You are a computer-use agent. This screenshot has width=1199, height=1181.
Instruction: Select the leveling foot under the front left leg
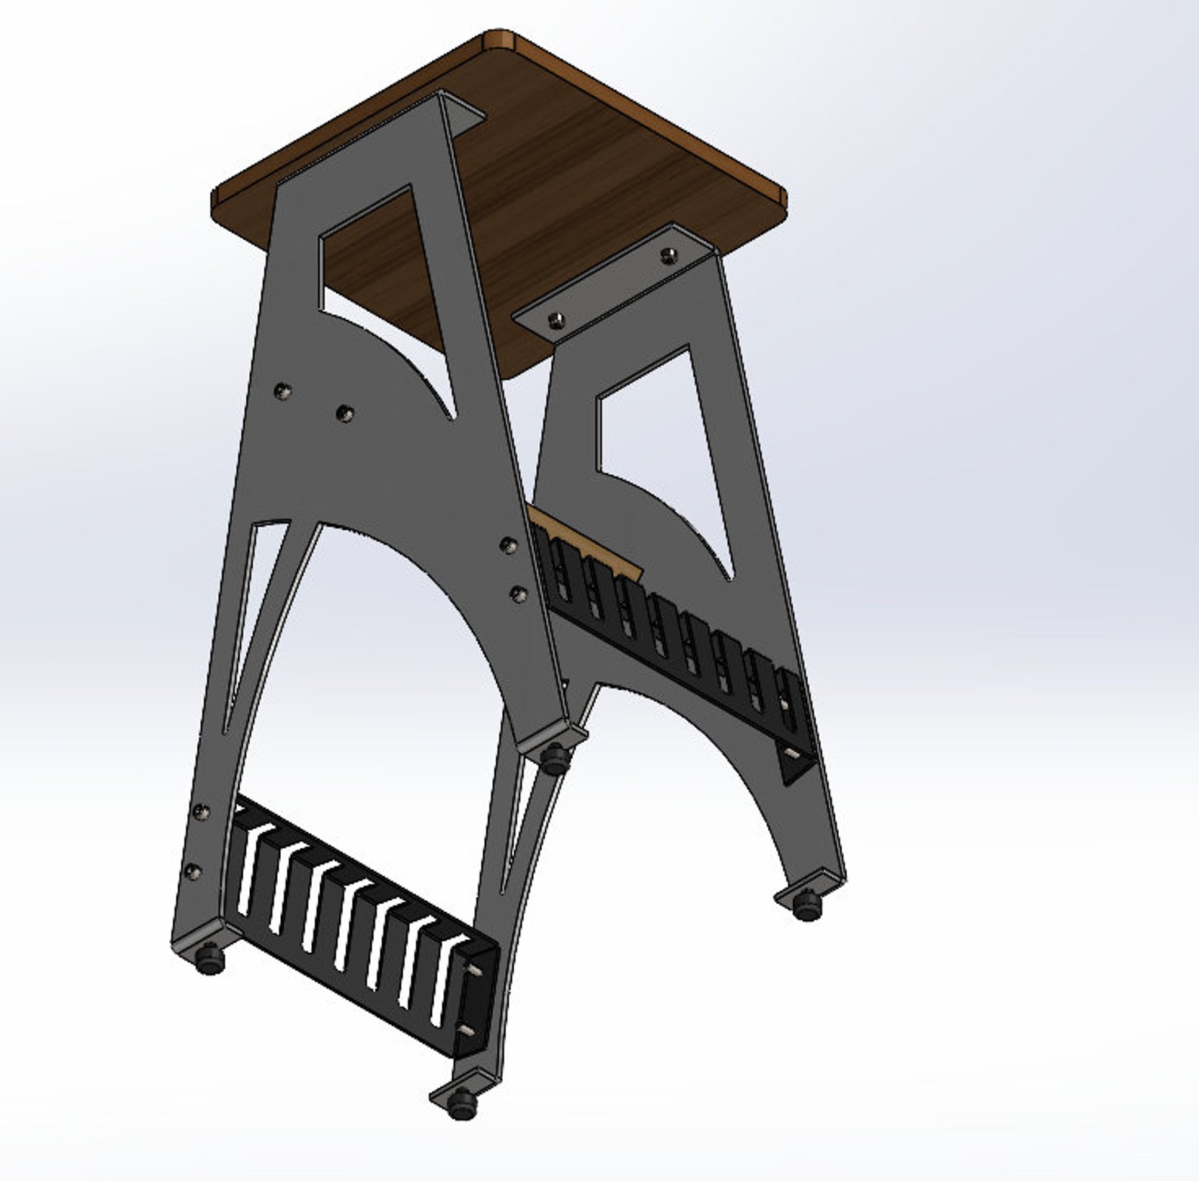tap(210, 961)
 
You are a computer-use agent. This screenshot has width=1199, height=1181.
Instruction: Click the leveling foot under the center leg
tap(555, 757)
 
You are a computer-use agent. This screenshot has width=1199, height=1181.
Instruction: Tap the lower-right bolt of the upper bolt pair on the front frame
tap(344, 412)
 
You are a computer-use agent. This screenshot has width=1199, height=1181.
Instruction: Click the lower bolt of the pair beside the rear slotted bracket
tap(518, 594)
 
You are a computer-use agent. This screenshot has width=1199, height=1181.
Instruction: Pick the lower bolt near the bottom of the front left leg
tap(192, 871)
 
